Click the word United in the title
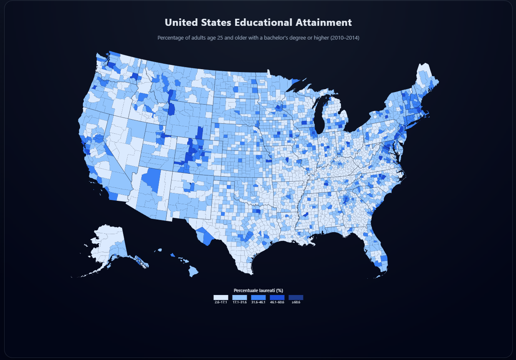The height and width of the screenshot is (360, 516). point(179,22)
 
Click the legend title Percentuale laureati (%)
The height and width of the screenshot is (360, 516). point(258,290)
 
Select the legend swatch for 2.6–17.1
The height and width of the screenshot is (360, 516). point(220,297)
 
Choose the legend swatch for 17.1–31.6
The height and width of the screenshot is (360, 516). point(239,297)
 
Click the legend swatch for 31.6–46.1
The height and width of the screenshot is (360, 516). point(258,297)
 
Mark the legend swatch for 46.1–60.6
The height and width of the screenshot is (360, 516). point(277,297)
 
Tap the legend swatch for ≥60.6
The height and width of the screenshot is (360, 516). point(296,297)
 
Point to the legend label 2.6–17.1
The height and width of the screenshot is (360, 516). point(220,302)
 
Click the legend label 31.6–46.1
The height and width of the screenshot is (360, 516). point(258,302)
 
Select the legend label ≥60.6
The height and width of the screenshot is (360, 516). point(296,302)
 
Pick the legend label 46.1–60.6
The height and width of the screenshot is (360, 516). point(277,302)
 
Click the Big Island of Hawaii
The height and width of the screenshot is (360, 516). point(193,272)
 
